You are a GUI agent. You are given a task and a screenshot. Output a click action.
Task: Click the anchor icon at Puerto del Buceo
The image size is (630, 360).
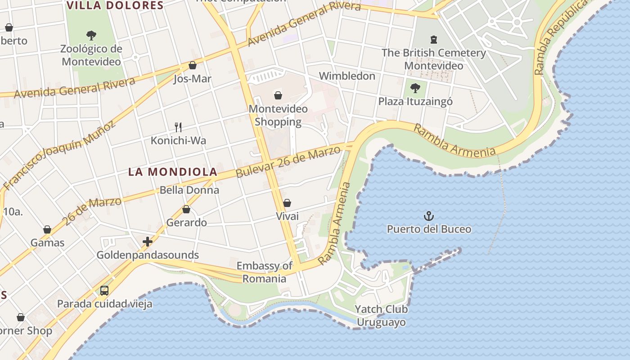429,216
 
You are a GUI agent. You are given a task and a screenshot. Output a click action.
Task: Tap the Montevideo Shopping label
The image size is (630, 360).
278,115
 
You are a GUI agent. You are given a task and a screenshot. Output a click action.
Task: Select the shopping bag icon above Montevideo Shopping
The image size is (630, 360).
278,95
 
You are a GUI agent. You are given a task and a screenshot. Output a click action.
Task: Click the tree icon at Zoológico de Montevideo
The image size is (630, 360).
91,35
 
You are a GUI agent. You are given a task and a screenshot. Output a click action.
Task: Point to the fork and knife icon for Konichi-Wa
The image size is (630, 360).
178,127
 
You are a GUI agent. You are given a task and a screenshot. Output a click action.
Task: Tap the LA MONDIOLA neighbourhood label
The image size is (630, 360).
173,172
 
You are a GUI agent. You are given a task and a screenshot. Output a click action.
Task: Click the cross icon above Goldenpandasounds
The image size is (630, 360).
148,242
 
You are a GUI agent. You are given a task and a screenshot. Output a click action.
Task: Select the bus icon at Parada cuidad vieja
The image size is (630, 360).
104,291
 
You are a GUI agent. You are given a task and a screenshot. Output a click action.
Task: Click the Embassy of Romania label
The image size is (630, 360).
265,272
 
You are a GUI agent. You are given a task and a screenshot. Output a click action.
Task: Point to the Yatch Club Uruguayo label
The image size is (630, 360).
381,316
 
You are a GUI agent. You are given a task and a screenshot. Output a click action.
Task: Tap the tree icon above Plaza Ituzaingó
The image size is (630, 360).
415,88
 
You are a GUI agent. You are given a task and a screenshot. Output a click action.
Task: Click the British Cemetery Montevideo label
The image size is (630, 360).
434,59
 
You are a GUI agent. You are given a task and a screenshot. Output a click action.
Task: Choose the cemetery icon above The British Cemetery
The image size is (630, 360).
433,39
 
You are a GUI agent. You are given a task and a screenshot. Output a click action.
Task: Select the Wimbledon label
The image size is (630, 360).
347,76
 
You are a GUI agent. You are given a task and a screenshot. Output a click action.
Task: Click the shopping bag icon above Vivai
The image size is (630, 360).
287,203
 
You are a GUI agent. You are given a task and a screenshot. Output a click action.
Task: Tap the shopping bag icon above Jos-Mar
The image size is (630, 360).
193,65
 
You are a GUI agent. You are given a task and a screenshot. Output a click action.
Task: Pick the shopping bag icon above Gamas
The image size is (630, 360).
47,230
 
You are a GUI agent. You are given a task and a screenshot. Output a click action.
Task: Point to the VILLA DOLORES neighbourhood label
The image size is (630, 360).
115,5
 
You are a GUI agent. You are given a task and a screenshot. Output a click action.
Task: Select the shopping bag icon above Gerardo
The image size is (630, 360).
186,210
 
